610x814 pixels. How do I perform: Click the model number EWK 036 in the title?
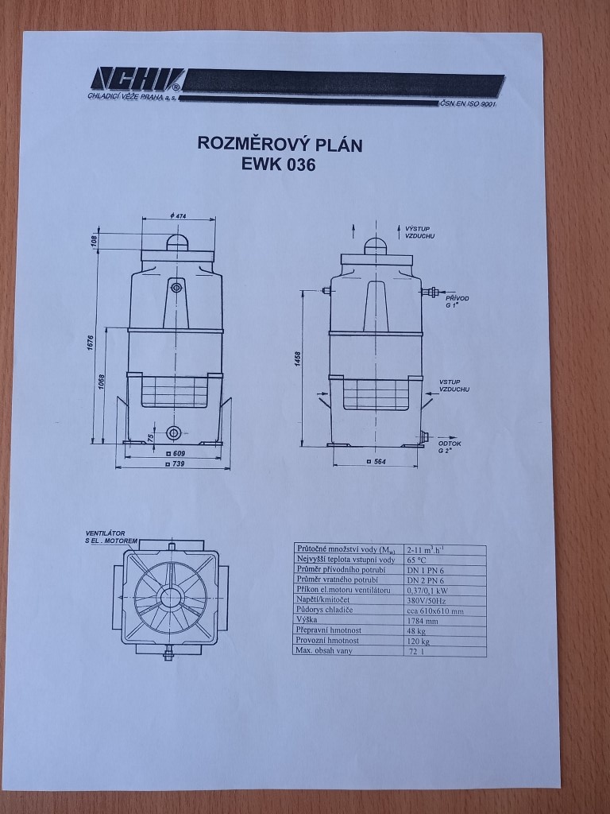[280, 165]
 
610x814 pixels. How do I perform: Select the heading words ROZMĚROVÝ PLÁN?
[280, 145]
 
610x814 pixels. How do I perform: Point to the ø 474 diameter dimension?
[177, 216]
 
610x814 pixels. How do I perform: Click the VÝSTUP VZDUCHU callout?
[419, 233]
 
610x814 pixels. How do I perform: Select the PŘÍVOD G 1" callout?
[457, 301]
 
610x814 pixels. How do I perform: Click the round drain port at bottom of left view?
[173, 432]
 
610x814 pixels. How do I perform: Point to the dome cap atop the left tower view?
[177, 242]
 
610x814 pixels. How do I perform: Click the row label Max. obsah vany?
[325, 651]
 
